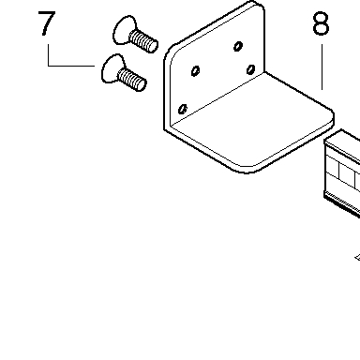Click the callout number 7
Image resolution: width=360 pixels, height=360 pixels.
(47, 23)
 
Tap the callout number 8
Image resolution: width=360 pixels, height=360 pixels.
(321, 23)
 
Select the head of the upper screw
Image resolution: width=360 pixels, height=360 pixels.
(124, 30)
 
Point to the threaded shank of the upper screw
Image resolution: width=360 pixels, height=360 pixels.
(143, 40)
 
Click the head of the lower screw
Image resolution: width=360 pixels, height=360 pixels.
(112, 68)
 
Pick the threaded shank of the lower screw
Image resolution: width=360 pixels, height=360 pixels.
(132, 80)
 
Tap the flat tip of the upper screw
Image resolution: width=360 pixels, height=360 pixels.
(154, 46)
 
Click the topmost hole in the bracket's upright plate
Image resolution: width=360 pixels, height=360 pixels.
(238, 46)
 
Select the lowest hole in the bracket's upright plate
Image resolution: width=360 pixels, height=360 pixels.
(183, 109)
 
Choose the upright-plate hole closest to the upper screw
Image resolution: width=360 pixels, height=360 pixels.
(195, 71)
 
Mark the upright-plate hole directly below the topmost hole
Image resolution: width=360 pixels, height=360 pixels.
(250, 69)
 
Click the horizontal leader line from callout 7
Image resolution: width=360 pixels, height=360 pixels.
(71, 66)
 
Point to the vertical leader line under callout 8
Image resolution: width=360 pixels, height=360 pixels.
(322, 67)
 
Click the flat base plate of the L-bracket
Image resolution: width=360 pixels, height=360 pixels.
(250, 125)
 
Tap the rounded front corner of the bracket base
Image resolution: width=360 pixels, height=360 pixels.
(247, 170)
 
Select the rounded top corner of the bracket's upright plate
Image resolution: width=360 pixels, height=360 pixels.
(257, 6)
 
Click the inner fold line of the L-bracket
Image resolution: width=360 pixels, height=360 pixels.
(217, 97)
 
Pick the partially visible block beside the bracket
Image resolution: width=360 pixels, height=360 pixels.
(342, 172)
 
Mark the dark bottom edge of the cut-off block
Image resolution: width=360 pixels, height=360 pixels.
(341, 204)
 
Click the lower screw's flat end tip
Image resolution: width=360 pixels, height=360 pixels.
(142, 85)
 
